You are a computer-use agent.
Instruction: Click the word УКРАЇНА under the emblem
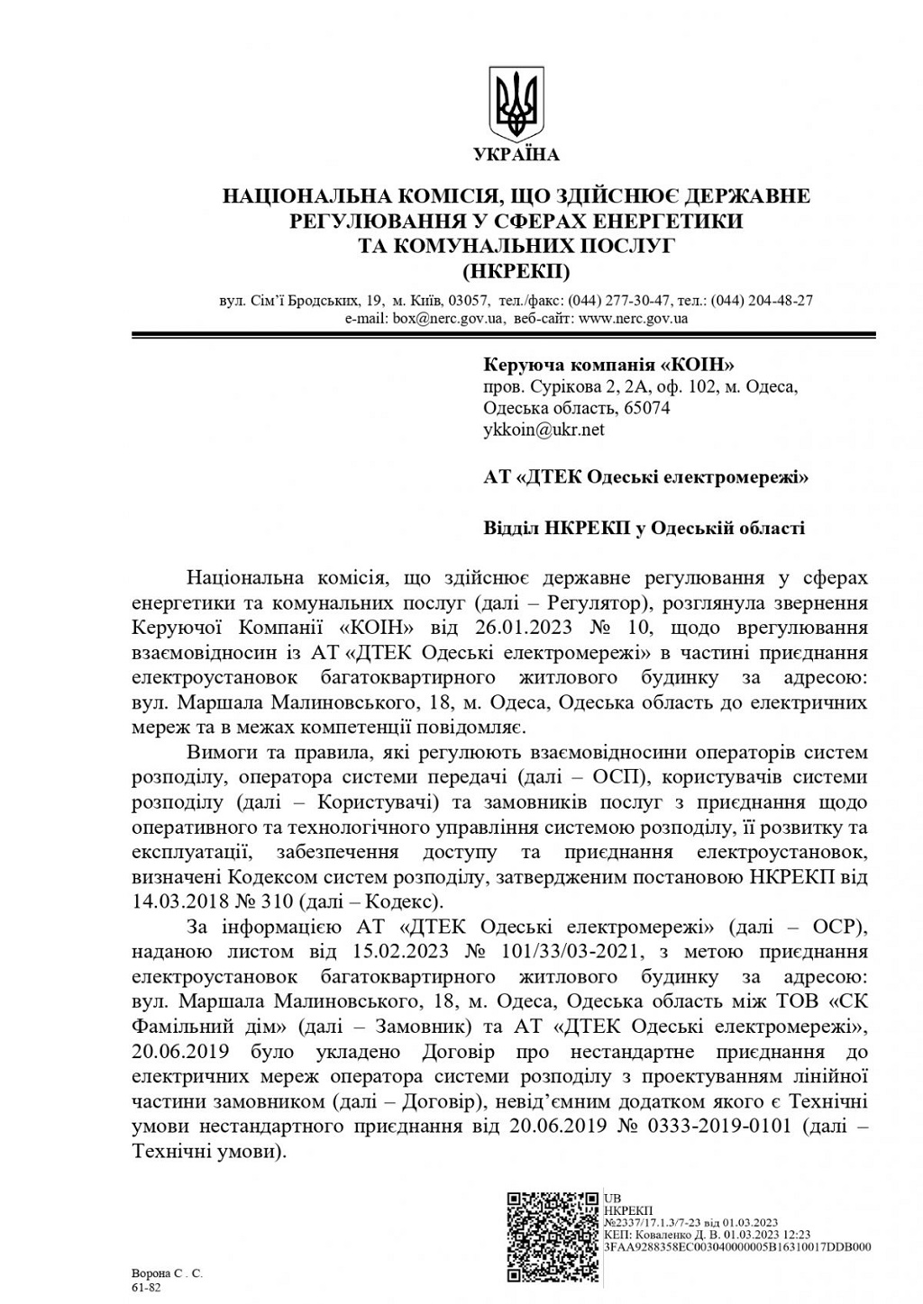pos(516,155)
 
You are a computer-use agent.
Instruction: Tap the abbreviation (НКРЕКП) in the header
pos(516,270)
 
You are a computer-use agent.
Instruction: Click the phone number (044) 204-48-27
pos(762,301)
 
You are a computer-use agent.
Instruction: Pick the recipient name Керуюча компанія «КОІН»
pos(609,365)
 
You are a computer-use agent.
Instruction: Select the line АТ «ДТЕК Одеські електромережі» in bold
pos(645,477)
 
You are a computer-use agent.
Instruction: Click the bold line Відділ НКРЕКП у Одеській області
pos(644,528)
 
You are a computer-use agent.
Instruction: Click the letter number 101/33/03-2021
pos(570,951)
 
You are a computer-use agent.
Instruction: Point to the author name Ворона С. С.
pos(167,1273)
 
